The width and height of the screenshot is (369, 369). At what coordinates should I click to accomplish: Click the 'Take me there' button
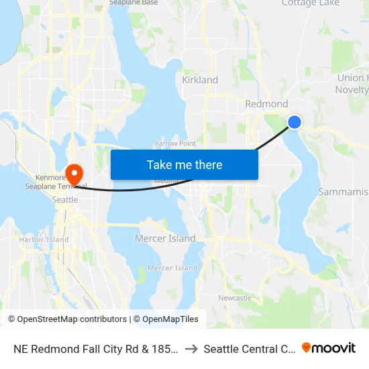point(184,164)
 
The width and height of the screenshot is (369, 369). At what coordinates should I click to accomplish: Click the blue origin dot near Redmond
point(294,121)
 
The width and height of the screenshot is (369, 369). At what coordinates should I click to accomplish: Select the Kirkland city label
point(200,80)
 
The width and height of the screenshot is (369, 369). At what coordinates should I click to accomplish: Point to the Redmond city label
point(266,104)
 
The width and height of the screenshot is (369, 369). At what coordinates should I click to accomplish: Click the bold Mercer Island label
point(165,238)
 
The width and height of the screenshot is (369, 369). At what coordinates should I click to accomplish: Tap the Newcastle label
point(235,298)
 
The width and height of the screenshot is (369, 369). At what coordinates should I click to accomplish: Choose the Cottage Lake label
point(310,3)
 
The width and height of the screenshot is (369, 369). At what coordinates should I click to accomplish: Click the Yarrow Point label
point(174,144)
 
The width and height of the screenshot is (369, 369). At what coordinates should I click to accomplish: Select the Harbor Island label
point(44,240)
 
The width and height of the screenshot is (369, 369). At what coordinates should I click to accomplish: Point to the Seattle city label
point(65,199)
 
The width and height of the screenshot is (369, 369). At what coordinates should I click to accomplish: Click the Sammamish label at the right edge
point(343,192)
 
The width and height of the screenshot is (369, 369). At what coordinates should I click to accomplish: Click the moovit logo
point(329,348)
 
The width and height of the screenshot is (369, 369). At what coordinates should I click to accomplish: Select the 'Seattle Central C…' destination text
point(250,349)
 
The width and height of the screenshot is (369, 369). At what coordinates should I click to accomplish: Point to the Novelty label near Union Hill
point(352,90)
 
